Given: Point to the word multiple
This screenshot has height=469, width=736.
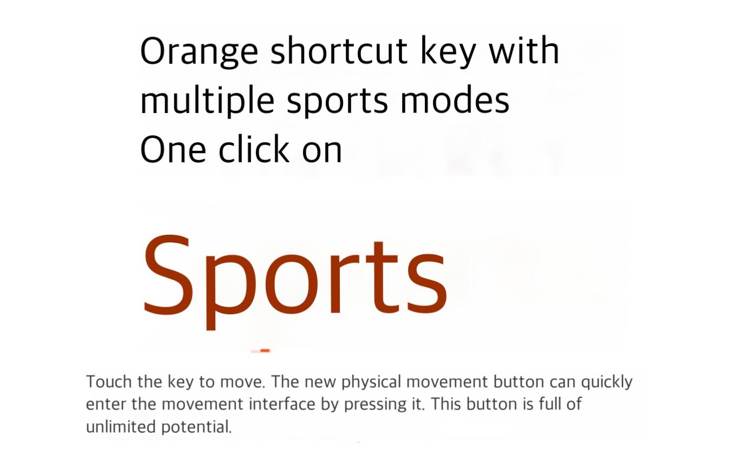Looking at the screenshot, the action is click(x=207, y=100).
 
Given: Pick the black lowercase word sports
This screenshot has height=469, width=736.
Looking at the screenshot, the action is click(x=338, y=102).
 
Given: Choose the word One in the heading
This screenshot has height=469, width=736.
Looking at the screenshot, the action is click(x=173, y=149).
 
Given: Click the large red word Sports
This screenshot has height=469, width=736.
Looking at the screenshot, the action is click(x=294, y=282).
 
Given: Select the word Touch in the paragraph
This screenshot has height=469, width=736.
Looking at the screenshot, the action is click(x=109, y=382).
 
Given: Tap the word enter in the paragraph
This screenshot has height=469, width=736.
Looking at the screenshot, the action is click(x=106, y=405).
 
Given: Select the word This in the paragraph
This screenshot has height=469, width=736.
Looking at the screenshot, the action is click(x=445, y=404).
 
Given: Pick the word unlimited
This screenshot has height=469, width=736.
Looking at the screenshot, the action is click(x=121, y=427).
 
